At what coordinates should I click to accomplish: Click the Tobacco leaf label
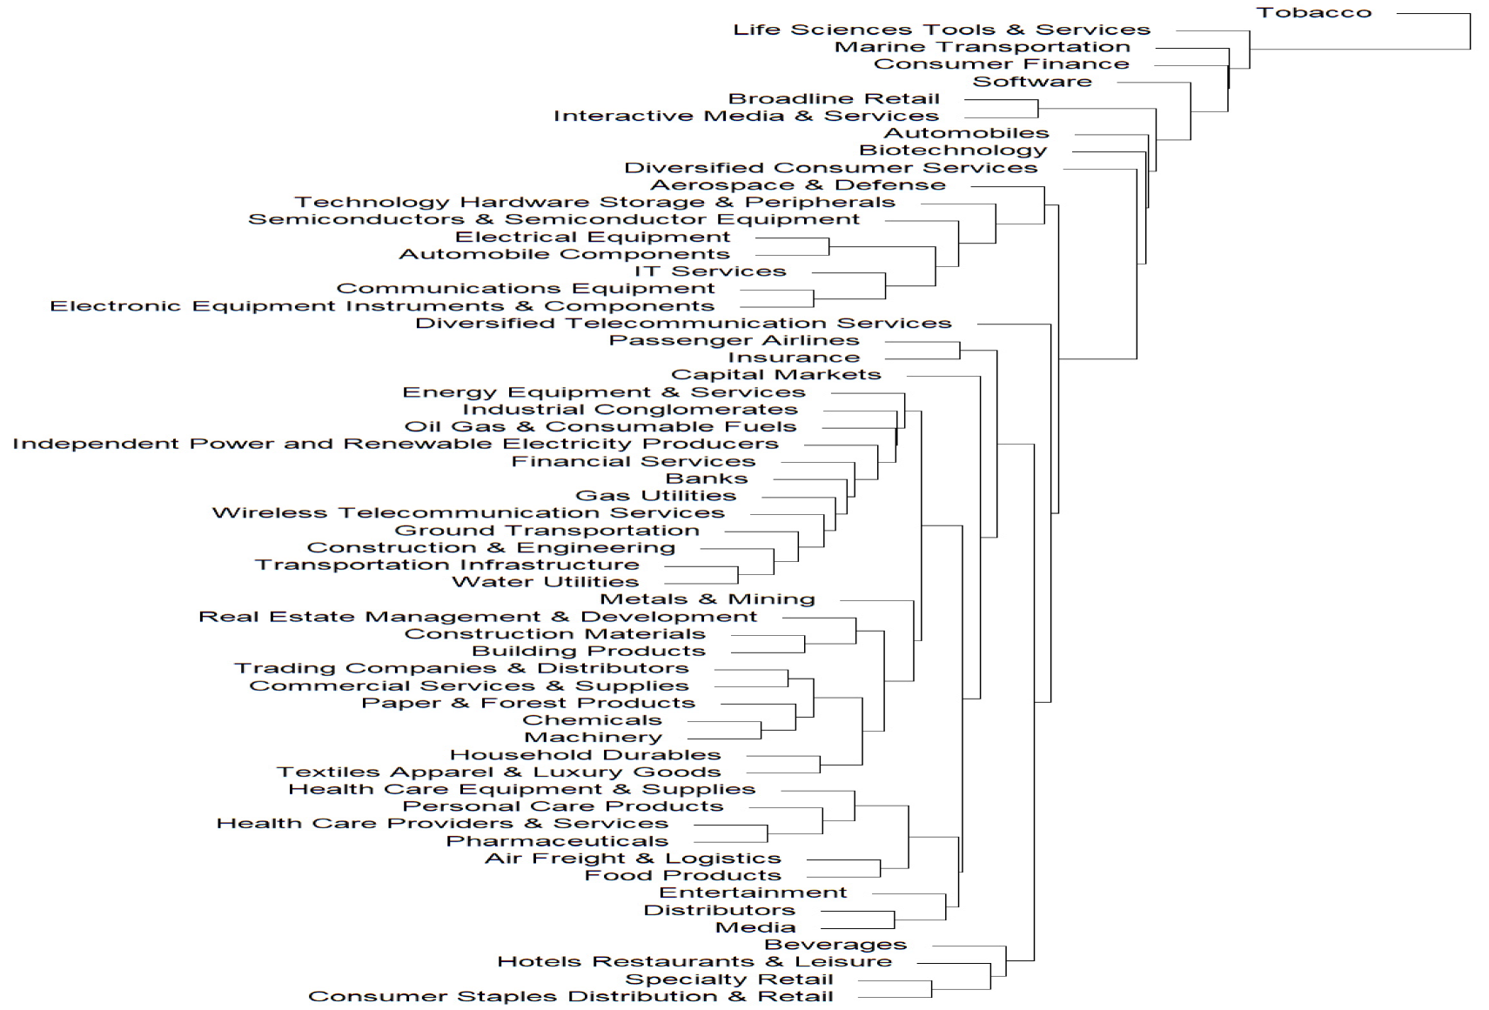1313,13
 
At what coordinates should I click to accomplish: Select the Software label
1031,82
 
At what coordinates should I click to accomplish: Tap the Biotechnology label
953,150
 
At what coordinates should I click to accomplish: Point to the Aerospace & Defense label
798,185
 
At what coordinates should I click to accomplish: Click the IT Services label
710,271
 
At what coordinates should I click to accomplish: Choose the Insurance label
794,358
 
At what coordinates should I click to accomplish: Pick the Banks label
707,479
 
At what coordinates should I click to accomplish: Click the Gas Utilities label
655,497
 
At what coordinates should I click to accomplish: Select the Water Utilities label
545,583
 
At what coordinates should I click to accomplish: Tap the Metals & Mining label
708,600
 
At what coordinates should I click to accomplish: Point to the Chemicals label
593,721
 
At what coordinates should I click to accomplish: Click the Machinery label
593,739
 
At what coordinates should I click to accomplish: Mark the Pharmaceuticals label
557,842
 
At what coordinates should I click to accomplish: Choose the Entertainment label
753,893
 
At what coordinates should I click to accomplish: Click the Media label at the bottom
755,927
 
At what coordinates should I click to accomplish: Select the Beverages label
835,945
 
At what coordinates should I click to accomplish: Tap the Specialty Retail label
729,980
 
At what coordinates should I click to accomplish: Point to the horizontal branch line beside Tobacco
1433,13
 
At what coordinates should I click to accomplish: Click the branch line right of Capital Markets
943,377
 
